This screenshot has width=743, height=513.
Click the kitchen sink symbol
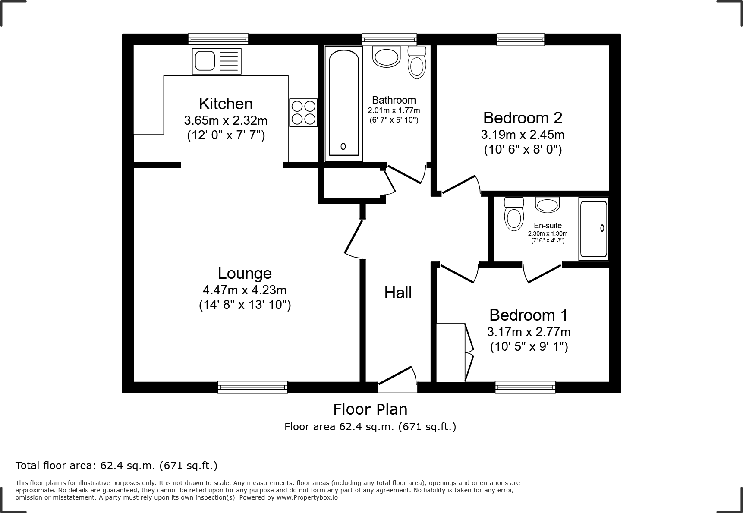coord(217,61)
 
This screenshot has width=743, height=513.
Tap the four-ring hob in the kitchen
coord(303,113)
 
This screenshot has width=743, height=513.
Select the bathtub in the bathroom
coord(343,103)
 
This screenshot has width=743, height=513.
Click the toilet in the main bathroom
coord(417,63)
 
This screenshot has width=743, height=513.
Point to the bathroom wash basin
coord(387,57)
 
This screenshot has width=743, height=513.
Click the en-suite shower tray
coord(594,230)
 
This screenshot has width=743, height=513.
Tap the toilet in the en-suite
coord(514,214)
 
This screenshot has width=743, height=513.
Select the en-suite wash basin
coord(547,205)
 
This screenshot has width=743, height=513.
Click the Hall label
coord(398,293)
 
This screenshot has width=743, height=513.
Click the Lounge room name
coord(245,273)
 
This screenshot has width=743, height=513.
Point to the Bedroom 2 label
coord(523,118)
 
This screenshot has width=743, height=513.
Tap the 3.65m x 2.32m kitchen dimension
coord(226,120)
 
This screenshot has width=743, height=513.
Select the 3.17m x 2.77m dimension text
coord(529,332)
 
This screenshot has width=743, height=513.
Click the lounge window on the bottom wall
coord(253,387)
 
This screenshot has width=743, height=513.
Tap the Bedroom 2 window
coord(520,40)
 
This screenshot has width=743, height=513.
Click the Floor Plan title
coord(370,409)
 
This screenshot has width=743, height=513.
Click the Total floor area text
coord(116,466)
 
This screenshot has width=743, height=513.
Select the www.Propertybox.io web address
coord(307,497)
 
